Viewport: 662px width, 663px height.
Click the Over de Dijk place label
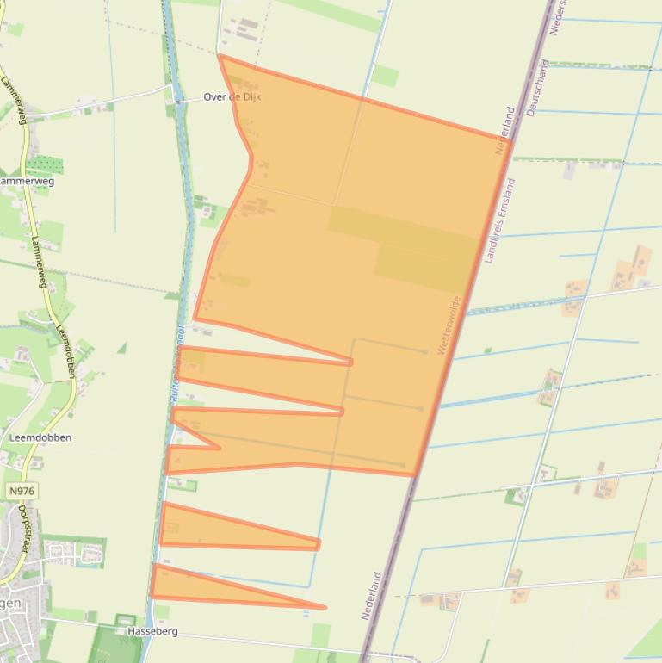[232, 97]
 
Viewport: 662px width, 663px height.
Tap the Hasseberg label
[152, 631]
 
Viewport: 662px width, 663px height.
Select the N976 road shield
[22, 491]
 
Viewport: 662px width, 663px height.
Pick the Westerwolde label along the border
[449, 325]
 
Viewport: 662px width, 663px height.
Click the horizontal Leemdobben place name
[40, 437]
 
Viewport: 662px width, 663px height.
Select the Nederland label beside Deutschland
[504, 131]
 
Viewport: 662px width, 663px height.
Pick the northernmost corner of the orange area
[220, 56]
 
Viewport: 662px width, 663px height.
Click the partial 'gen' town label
[9, 603]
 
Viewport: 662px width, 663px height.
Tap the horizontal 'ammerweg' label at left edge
[26, 182]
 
